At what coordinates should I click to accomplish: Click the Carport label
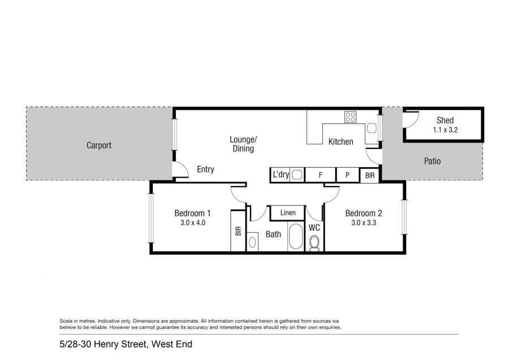click(x=98, y=145)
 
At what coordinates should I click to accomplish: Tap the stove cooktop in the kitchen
click(x=350, y=117)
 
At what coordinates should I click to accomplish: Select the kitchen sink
click(x=372, y=128)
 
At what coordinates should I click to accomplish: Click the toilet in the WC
click(x=314, y=243)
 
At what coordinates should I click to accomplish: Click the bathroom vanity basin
click(x=252, y=242)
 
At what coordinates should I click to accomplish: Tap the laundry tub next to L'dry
click(x=297, y=175)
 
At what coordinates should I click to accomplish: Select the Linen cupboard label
click(x=288, y=213)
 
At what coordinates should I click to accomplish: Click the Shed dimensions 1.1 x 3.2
click(x=445, y=130)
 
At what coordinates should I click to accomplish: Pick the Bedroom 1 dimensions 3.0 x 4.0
click(x=193, y=223)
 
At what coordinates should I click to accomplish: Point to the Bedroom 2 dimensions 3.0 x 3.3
click(x=364, y=223)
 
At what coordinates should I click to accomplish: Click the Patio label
click(x=433, y=161)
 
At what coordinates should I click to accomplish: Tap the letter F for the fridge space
click(x=321, y=175)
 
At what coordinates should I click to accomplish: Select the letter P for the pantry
click(x=347, y=175)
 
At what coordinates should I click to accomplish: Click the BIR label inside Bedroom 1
click(x=238, y=231)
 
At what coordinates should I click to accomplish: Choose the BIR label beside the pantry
click(x=370, y=175)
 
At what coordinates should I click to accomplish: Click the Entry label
click(x=205, y=169)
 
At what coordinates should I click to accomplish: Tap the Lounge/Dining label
click(x=243, y=144)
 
